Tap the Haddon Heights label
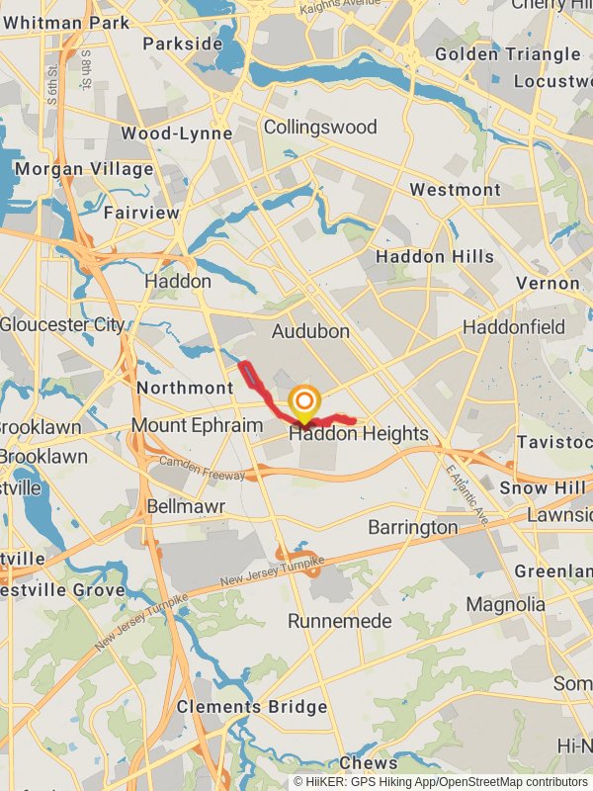coord(359,433)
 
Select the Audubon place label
coord(311,330)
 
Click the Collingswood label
coord(320,127)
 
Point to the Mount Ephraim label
coord(197,426)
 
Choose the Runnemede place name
coord(340,621)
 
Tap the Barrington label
coord(413,527)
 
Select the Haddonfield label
coord(514,326)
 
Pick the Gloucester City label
coord(62,324)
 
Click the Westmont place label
coord(455,189)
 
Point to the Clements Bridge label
coord(252,707)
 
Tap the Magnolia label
coord(505,604)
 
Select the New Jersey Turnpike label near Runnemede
coord(272,572)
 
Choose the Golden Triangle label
coord(507,54)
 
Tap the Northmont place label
coord(185,388)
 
